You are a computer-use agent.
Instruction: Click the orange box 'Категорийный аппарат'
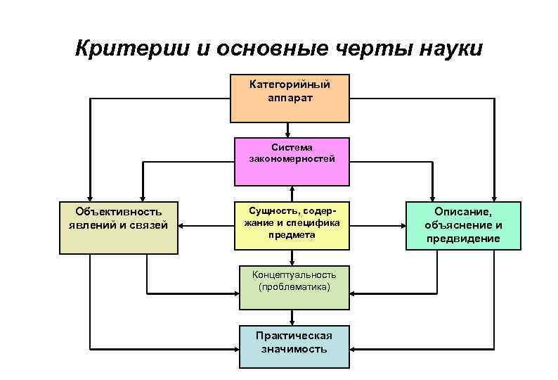(290, 97)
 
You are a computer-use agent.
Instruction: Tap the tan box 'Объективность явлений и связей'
(119, 227)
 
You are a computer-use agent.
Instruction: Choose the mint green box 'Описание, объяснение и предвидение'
(463, 226)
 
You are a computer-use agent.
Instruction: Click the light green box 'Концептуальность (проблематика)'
(294, 289)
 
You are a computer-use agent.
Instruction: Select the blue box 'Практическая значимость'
(294, 346)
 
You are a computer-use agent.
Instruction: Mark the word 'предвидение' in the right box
(463, 239)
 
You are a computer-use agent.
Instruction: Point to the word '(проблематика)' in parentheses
(294, 287)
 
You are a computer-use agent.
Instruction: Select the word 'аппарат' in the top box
(290, 97)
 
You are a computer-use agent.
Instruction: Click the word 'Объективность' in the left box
(119, 211)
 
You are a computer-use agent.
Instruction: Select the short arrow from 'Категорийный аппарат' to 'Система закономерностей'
(287, 129)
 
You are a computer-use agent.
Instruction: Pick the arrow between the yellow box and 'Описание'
(377, 227)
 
